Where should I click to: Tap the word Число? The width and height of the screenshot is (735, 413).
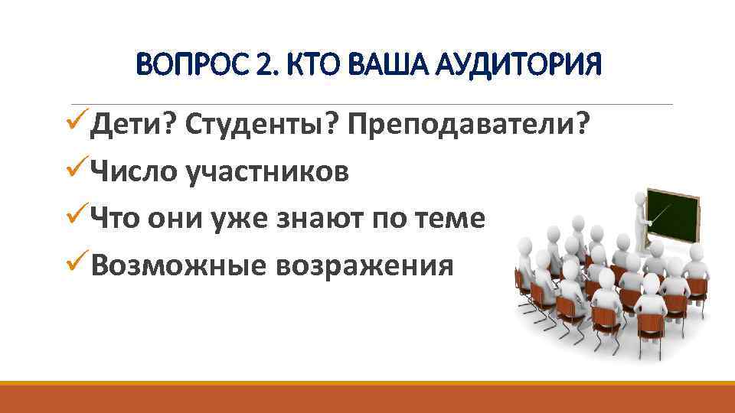pos(133,172)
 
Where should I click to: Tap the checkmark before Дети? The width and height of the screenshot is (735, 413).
pos(77,124)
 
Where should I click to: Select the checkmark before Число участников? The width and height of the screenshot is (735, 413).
pos(77,171)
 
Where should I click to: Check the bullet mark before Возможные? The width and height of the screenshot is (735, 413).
pos(77,264)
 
